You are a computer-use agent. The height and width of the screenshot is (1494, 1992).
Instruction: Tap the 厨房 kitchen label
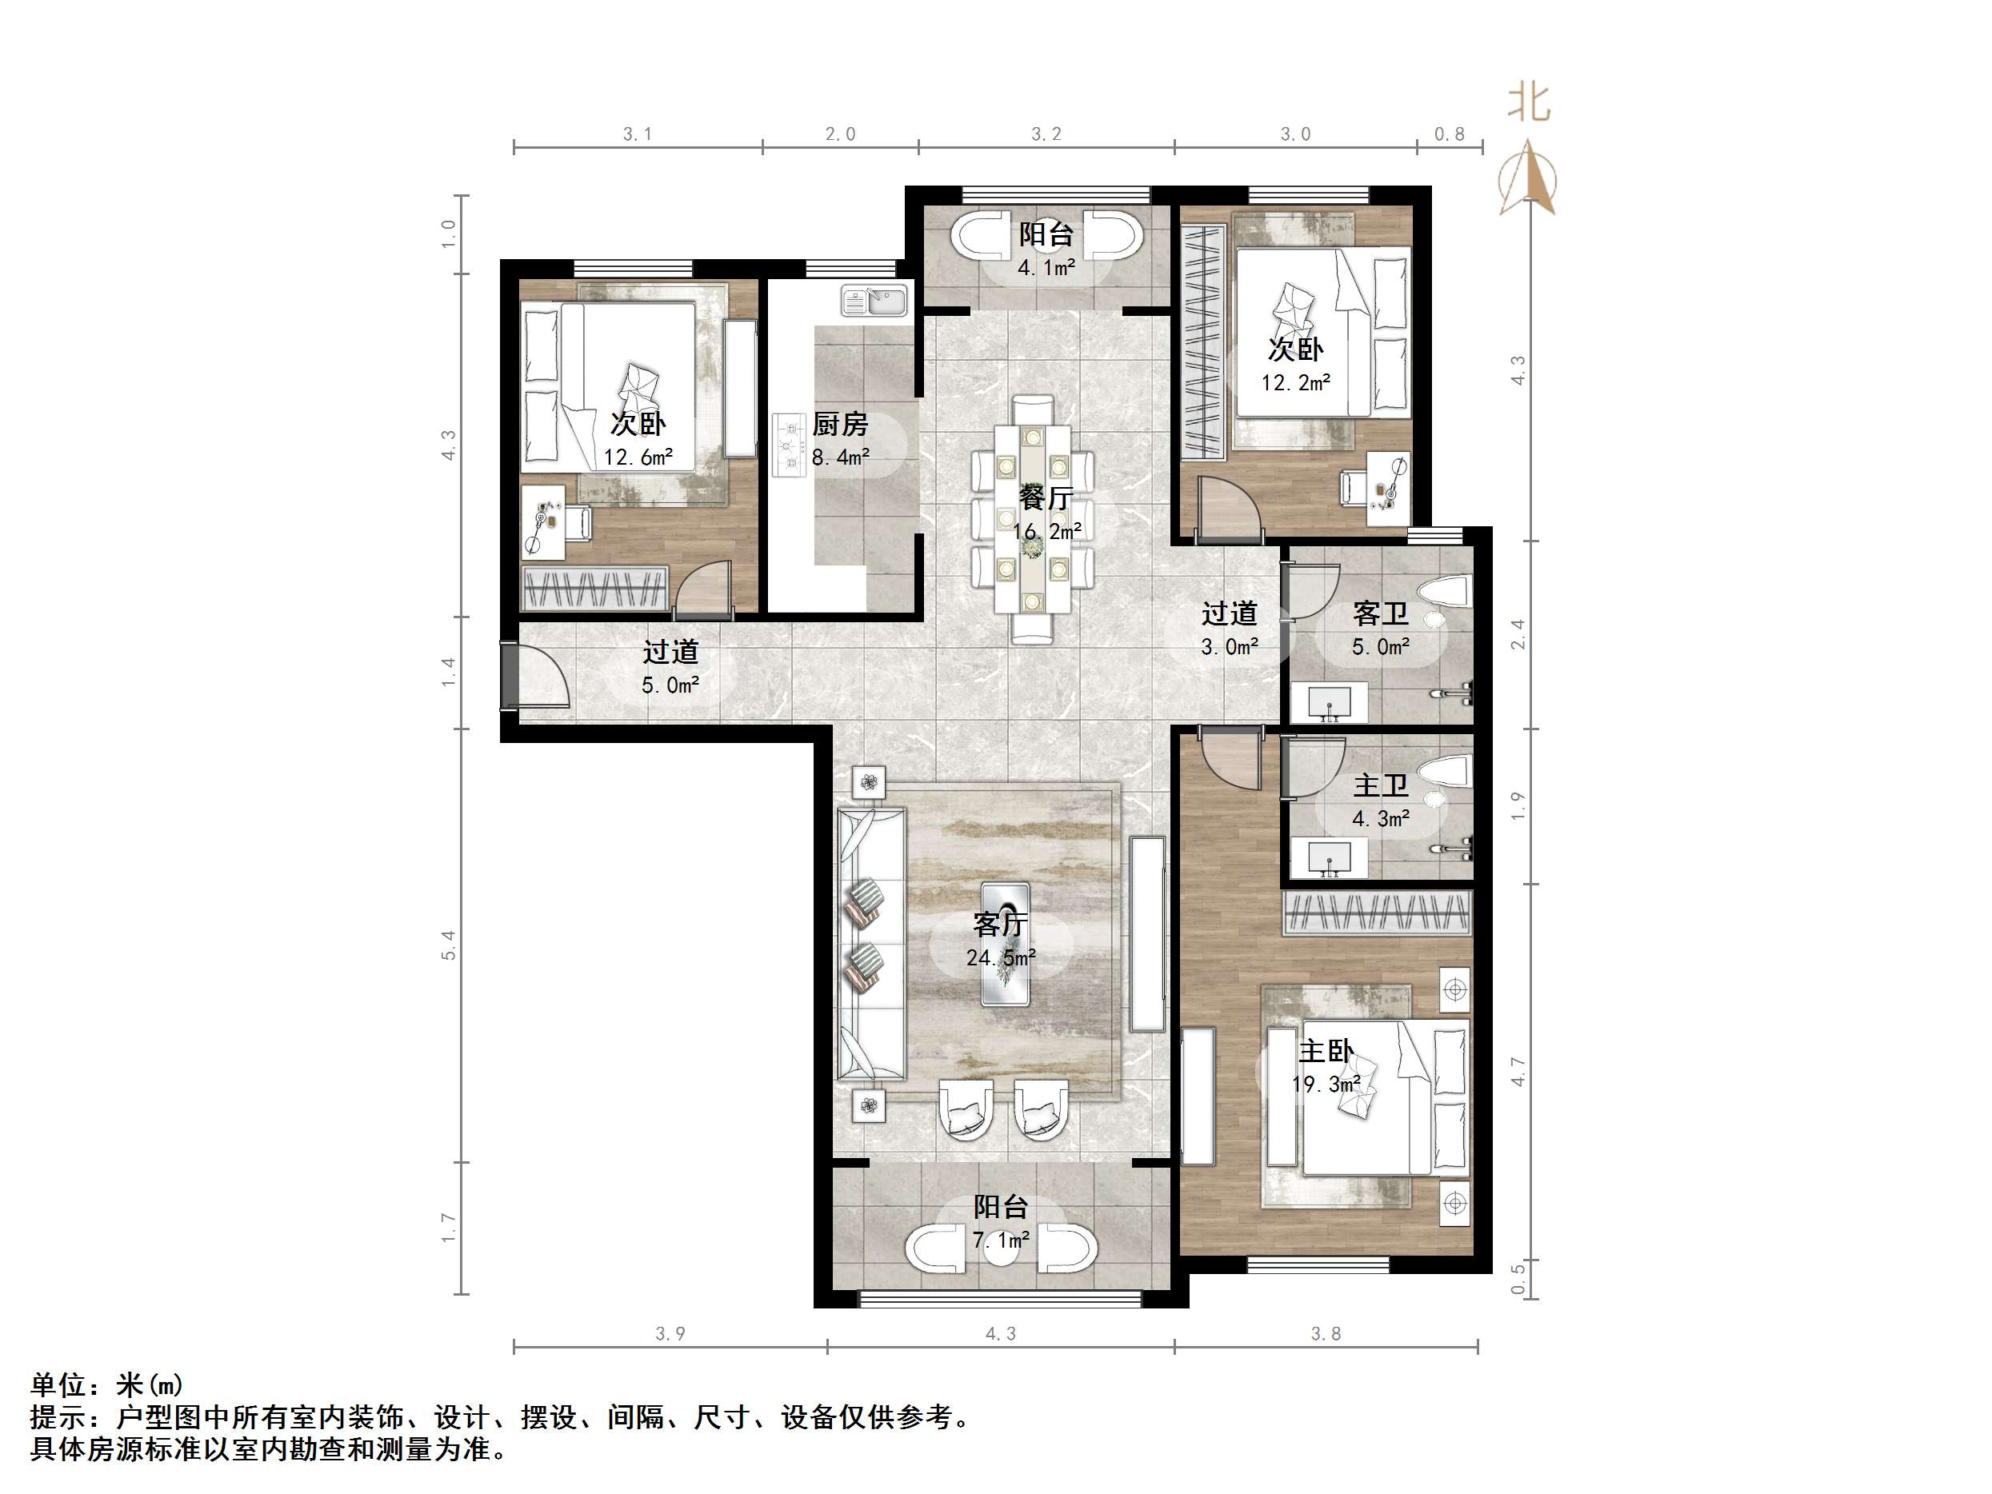(839, 424)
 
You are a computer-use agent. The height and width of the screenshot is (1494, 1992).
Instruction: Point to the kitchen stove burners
(790, 444)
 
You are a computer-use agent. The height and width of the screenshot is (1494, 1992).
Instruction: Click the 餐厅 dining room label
(1046, 498)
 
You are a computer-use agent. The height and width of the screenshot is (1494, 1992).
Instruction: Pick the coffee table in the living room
(1005, 944)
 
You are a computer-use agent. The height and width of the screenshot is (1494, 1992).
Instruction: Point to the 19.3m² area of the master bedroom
(1326, 1085)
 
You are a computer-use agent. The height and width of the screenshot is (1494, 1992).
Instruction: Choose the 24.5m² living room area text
(1001, 958)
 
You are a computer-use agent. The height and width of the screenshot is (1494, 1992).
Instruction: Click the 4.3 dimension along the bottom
(1000, 1335)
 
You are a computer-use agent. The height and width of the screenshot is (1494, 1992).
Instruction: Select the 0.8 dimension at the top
(1449, 134)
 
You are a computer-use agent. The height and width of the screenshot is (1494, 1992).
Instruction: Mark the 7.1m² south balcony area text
(1001, 1241)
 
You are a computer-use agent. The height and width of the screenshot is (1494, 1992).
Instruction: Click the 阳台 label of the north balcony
(1046, 235)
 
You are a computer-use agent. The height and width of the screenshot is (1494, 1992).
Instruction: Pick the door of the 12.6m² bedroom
(704, 590)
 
